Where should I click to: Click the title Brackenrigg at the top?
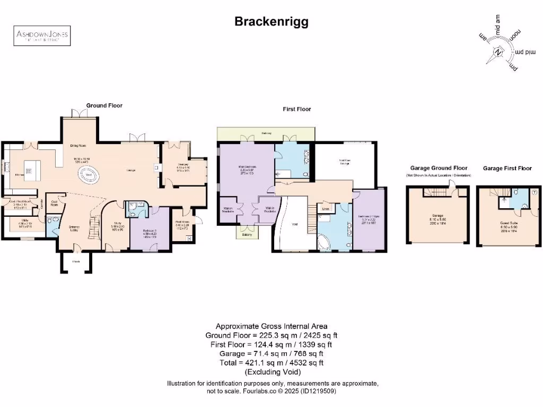(x=271, y=22)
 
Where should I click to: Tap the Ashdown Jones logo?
(x=41, y=36)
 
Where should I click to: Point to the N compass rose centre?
(x=498, y=52)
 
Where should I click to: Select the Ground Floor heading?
(x=104, y=105)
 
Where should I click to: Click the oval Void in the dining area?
(x=88, y=174)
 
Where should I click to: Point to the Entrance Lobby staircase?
(x=94, y=228)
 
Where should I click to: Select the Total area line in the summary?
(x=271, y=362)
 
